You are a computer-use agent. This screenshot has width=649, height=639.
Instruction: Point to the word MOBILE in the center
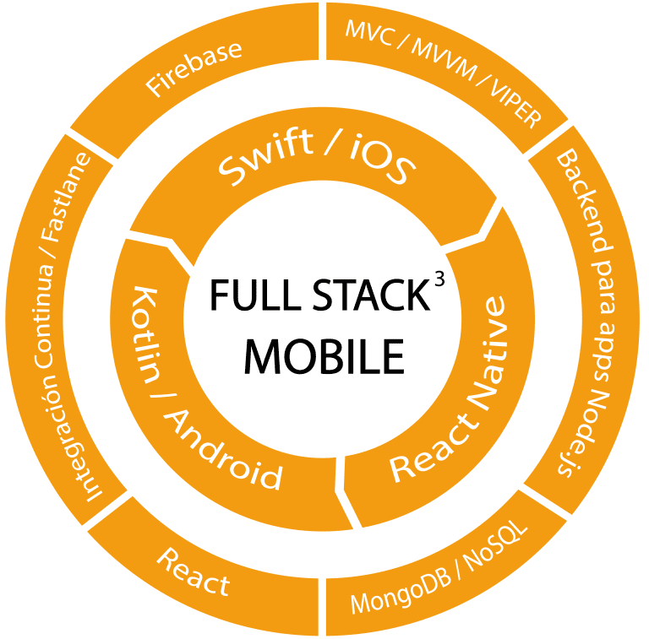click(324, 356)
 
